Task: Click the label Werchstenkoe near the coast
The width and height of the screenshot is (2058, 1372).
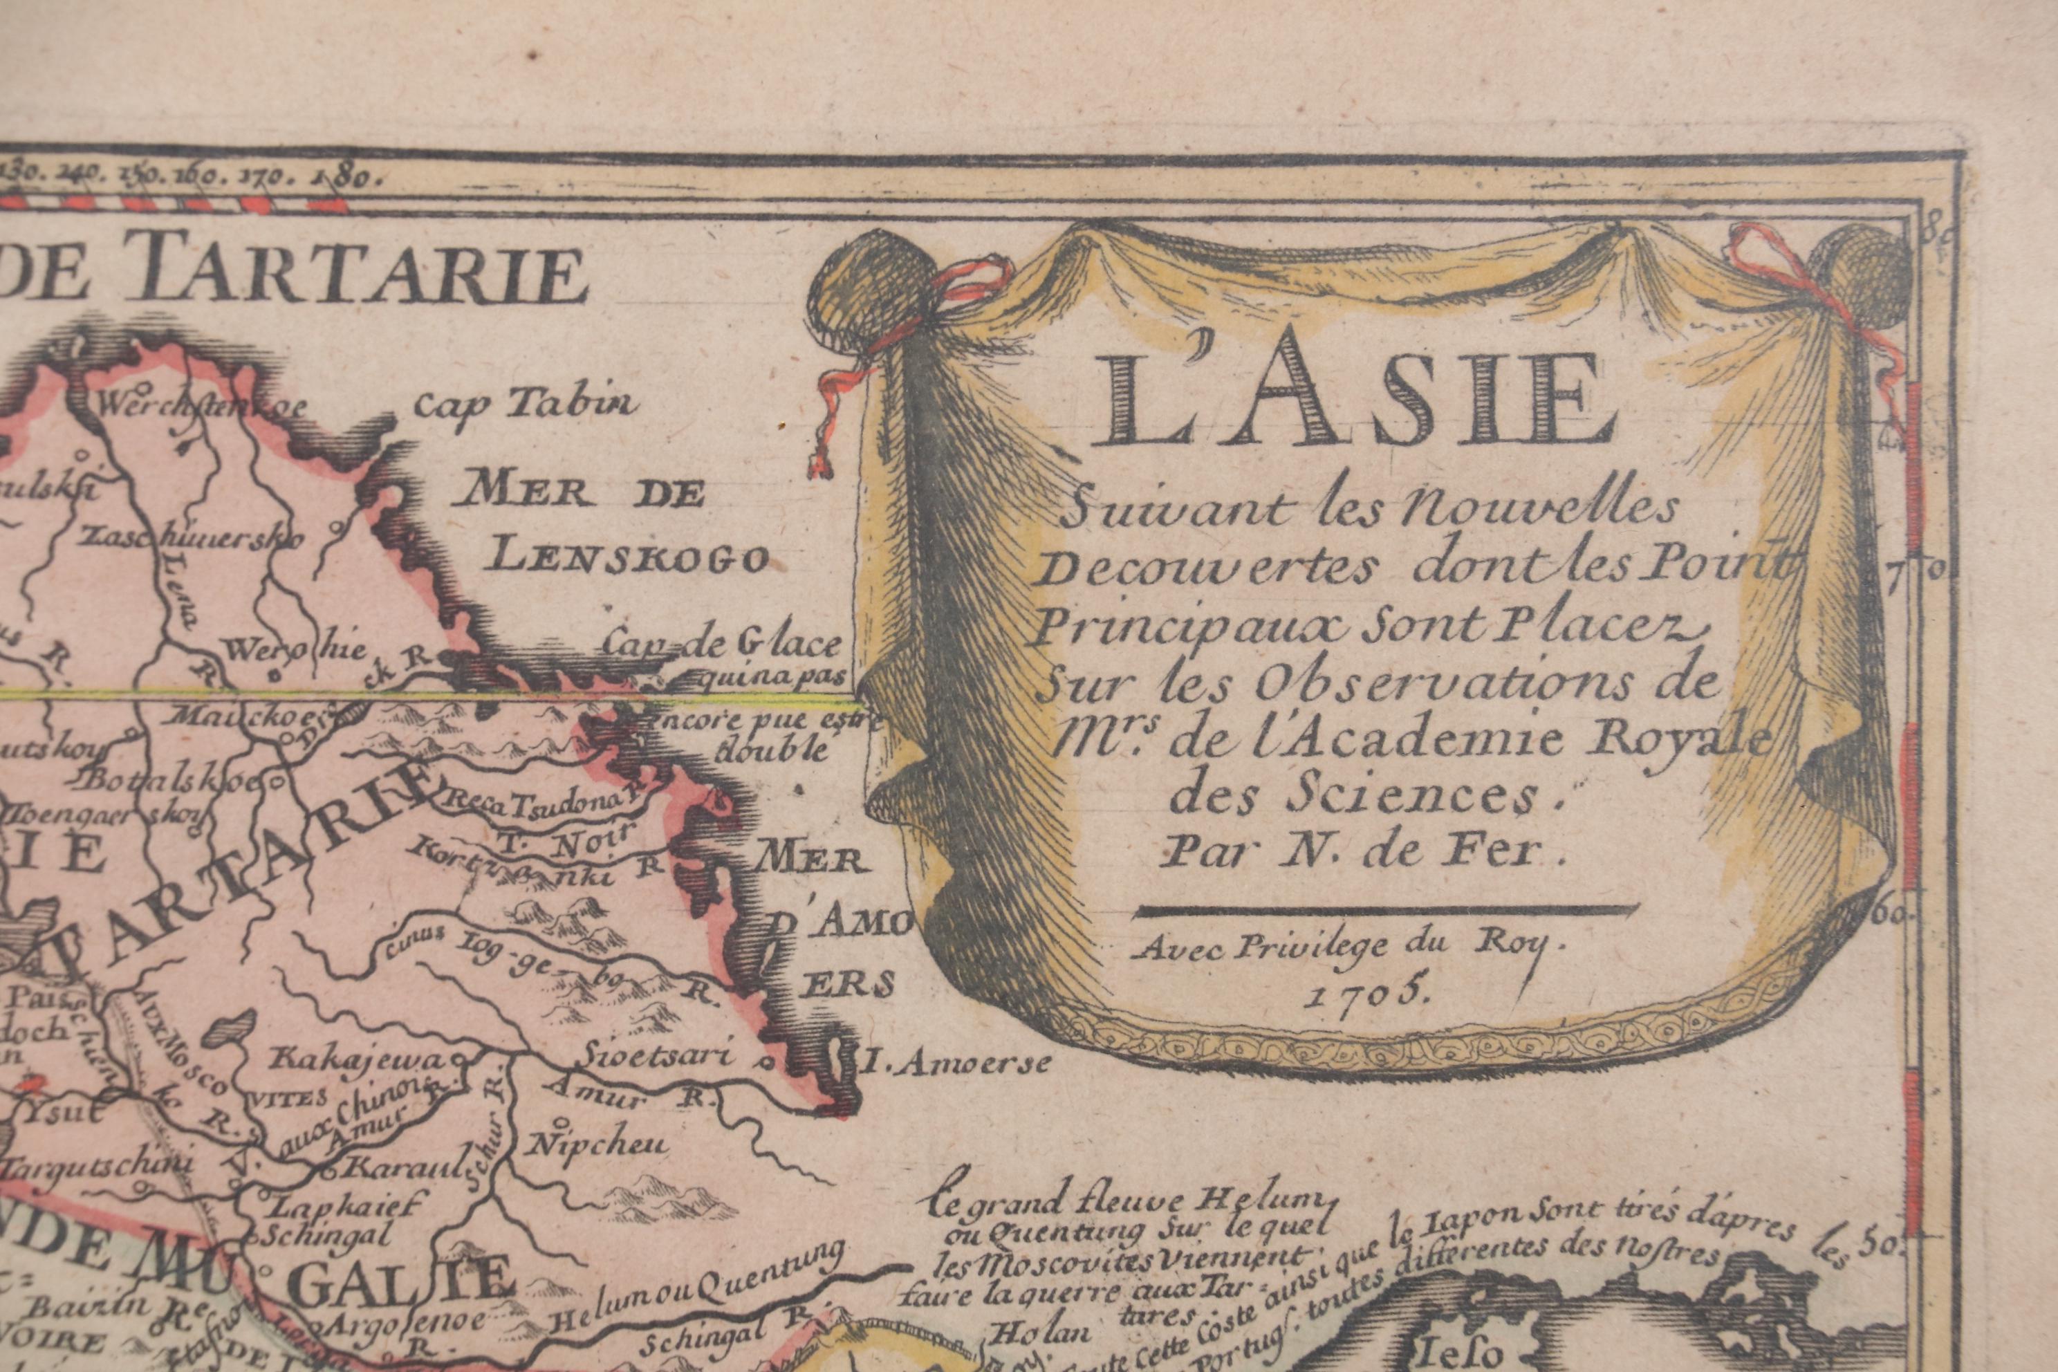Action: [x=203, y=406]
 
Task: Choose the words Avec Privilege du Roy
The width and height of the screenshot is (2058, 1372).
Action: [x=1337, y=946]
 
